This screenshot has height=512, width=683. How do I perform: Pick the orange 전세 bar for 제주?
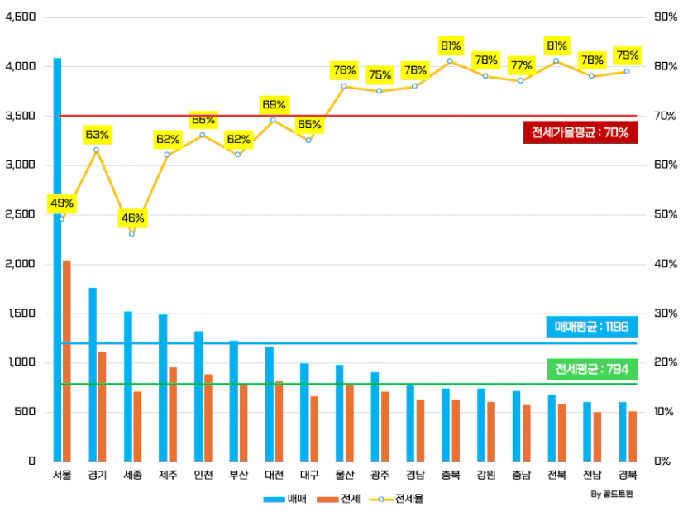coord(173,414)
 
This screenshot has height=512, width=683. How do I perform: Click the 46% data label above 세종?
coord(132,218)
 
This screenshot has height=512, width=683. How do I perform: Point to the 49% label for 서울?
coord(62,203)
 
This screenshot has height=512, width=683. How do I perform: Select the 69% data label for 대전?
coord(274,104)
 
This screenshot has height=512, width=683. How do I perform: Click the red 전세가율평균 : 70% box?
coord(580,132)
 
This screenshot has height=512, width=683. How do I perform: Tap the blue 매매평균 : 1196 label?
coord(591,327)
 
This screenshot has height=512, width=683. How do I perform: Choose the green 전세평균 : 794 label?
coord(591,368)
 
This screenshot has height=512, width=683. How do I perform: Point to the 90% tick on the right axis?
coord(665,17)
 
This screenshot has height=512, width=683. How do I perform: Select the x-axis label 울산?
coord(345,475)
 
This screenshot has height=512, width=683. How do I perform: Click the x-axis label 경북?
coord(628,475)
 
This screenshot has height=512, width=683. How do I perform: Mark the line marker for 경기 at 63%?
coord(97,150)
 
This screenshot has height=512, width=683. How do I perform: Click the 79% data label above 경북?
coord(628,55)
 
